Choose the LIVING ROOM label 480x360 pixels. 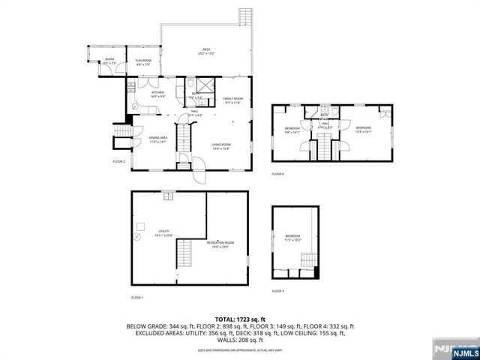220,145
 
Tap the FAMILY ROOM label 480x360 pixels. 233,100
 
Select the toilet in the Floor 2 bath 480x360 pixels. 190,84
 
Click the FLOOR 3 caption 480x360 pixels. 277,290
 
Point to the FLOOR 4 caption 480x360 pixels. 277,174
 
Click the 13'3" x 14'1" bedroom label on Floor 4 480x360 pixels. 364,129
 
